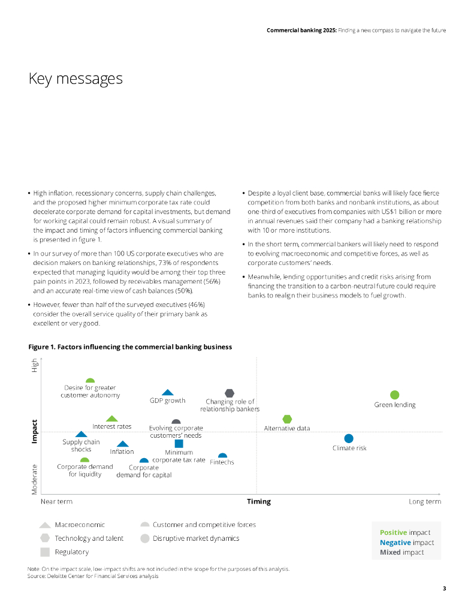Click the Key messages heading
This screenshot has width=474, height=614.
coord(76,79)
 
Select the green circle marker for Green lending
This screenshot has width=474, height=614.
coord(394,395)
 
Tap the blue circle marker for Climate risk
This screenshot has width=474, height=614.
coord(349,438)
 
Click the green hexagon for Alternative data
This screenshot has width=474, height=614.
coord(288,419)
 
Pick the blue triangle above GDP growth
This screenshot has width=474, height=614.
coord(168,392)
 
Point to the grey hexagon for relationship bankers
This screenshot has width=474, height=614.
coord(230,393)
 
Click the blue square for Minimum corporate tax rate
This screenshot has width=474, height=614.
coord(179,444)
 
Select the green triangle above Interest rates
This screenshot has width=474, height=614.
coord(112,418)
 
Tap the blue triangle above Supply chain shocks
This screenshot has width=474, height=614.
coord(81,434)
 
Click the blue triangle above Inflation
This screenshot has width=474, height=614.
coord(122,444)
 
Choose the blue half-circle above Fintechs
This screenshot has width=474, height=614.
coord(222,456)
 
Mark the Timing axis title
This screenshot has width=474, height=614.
coord(259,502)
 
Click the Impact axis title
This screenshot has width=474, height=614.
coord(34,431)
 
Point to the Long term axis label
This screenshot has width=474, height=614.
coord(425,502)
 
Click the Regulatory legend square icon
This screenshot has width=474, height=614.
coord(44,552)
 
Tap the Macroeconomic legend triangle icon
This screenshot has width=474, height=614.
coord(44,525)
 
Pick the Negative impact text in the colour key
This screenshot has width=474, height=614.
coord(407,543)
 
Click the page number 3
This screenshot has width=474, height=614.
coord(444,588)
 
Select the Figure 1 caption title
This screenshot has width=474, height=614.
coord(130,347)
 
